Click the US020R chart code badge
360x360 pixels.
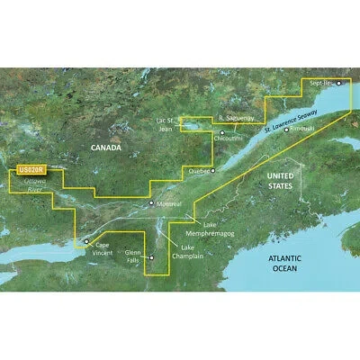31,168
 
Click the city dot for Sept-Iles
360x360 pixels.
339,82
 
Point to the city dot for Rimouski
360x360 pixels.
286,129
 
